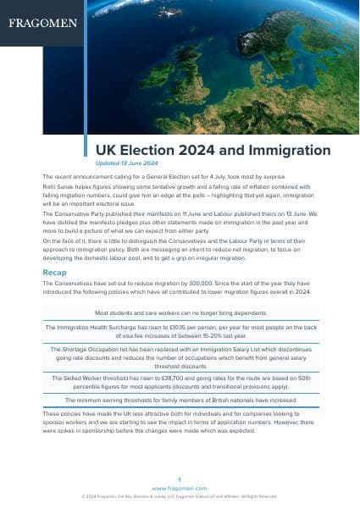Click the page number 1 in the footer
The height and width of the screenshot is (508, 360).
pos(180,480)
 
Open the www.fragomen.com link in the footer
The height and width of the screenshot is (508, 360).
pos(180,489)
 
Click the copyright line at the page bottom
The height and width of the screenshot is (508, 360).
pos(180,496)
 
